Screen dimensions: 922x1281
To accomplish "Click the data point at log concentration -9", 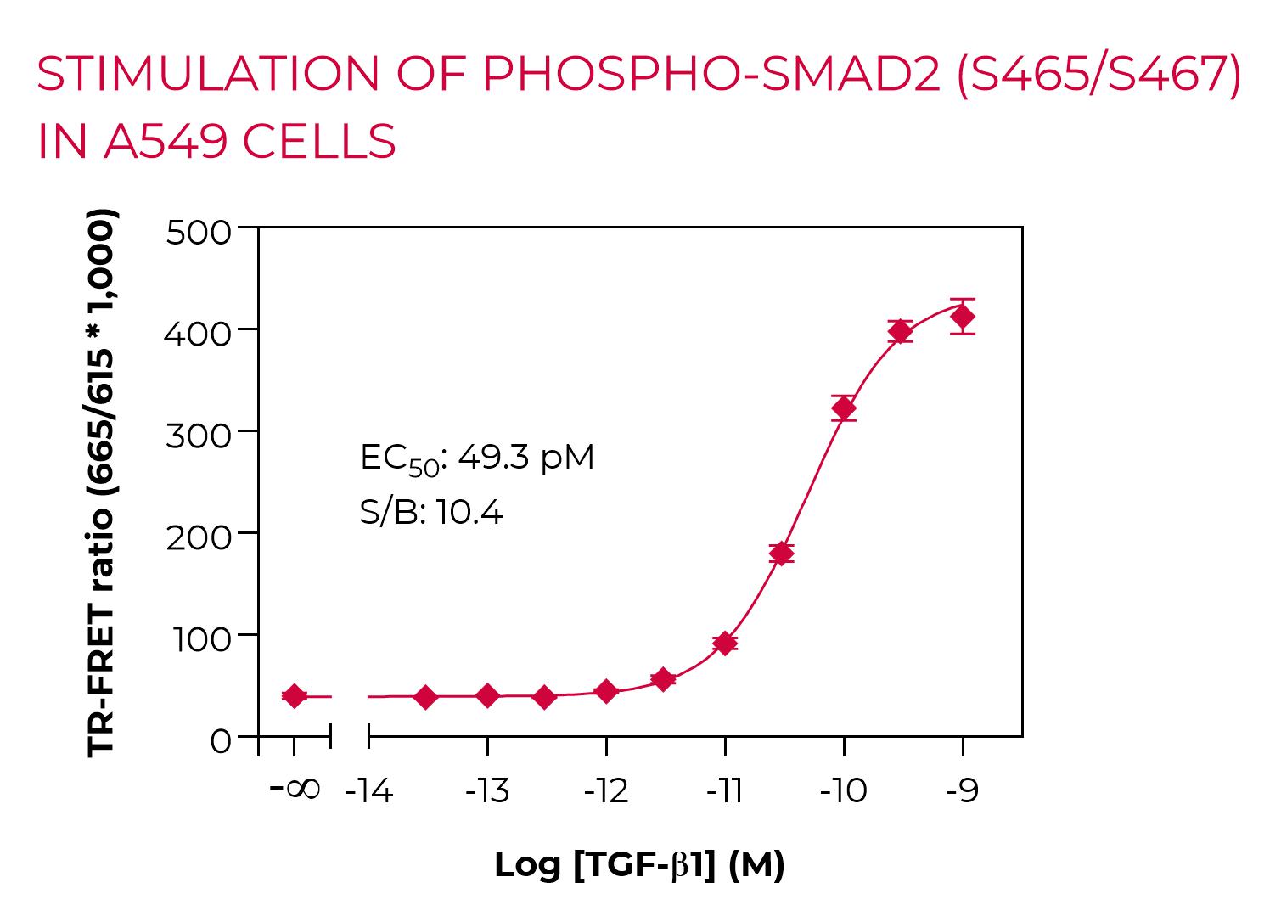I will (x=962, y=317).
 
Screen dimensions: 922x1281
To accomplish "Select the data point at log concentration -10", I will (x=843, y=408).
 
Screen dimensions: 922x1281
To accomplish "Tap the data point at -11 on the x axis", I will (x=724, y=643).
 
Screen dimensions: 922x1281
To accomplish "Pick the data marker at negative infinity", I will (x=294, y=696).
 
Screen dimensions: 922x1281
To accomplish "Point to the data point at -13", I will (x=487, y=696).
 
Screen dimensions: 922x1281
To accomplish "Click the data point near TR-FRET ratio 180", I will (x=781, y=554).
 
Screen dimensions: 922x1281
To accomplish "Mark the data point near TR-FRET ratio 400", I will (x=901, y=331).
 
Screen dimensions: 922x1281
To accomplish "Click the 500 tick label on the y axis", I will (x=198, y=232).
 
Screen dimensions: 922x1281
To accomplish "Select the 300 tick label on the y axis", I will (x=198, y=436).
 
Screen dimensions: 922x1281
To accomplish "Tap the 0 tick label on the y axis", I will (x=220, y=741).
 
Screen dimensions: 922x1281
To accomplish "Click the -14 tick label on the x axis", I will (x=369, y=791).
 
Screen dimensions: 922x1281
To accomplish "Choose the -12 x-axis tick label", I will (x=606, y=791).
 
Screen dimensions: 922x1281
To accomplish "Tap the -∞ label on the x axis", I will (x=295, y=789).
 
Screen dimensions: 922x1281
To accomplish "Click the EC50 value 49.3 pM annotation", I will (x=477, y=458).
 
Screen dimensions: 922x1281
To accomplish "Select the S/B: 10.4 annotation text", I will (x=431, y=512).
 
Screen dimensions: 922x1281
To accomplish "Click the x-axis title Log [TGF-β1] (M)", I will (x=639, y=865).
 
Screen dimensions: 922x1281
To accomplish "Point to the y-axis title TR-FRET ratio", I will (x=102, y=482).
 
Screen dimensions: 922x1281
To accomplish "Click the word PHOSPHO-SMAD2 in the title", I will (x=711, y=75).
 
